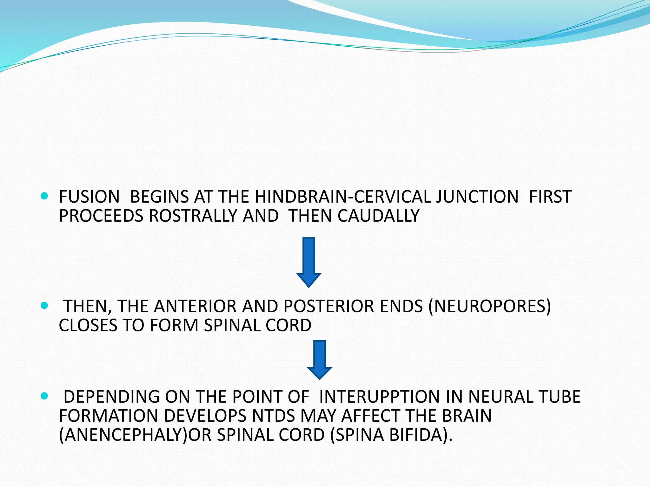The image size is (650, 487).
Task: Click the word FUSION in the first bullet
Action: click(x=89, y=197)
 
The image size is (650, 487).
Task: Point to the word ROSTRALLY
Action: click(x=193, y=216)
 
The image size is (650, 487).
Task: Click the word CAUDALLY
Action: click(x=378, y=216)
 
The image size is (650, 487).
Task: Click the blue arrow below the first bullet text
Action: click(x=309, y=262)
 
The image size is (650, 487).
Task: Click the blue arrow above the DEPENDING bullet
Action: click(x=320, y=360)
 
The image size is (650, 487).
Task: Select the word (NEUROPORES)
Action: click(x=489, y=307)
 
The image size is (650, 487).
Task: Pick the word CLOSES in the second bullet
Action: click(x=88, y=326)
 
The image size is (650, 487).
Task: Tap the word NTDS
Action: click(x=274, y=416)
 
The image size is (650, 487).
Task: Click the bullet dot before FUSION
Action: click(x=44, y=196)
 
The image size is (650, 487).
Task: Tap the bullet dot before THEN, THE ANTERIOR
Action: click(x=44, y=306)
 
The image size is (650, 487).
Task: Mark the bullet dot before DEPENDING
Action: click(x=44, y=396)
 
